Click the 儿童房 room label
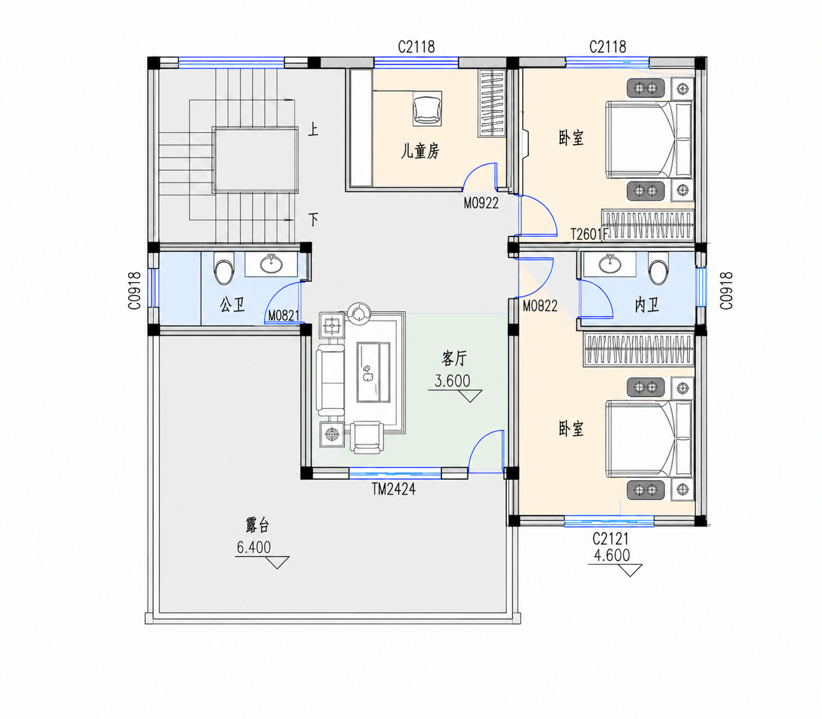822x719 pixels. pos(420,151)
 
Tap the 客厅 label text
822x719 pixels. pos(454,359)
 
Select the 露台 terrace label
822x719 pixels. pos(257,525)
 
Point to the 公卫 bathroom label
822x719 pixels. pos(232,305)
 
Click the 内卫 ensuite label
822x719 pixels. pos(647,305)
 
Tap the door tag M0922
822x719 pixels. pos(481,204)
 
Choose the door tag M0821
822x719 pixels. pos(284,316)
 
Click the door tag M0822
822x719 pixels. pos(540,306)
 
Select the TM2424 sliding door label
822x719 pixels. pos(394,489)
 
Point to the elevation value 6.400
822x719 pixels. pos(254,547)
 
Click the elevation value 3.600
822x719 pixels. pos(452,381)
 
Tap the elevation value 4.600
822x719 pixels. pos(612,555)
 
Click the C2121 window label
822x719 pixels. pos(611,539)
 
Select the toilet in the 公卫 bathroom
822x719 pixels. pos(224,268)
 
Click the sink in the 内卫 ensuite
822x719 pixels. pos(610,264)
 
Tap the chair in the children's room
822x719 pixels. pos(427,108)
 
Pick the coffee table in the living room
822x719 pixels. pos(374,372)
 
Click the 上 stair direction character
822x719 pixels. pos(313,129)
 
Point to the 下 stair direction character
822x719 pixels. pos(313,219)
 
